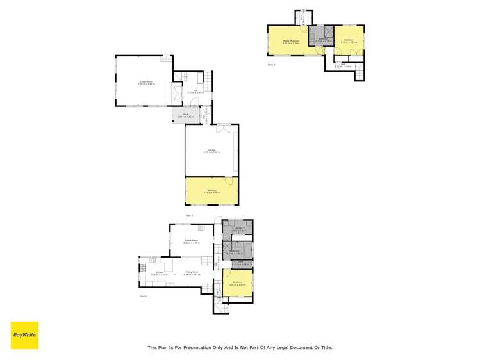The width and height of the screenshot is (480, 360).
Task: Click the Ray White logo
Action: [24, 335]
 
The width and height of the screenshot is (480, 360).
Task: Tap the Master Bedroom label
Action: [292, 41]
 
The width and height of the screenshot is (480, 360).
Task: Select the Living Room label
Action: [146, 82]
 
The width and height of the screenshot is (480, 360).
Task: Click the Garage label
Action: [211, 151]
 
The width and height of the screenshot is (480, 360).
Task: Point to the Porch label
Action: [185, 115]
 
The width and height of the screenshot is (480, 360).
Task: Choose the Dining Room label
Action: [191, 273]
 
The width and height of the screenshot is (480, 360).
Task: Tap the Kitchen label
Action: [155, 274]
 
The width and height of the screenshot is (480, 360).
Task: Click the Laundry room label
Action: [237, 229]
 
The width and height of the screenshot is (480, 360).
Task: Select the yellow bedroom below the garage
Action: [211, 192]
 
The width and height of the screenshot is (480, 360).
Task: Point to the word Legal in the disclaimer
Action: [286, 348]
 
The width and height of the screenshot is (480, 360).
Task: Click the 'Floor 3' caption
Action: [270, 65]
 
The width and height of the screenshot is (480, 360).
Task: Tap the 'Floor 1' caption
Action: [142, 297]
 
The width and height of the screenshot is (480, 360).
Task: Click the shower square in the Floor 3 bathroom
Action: [327, 32]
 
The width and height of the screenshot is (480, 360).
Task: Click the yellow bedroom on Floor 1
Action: [237, 284]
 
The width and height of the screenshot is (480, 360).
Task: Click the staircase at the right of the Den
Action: [360, 74]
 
